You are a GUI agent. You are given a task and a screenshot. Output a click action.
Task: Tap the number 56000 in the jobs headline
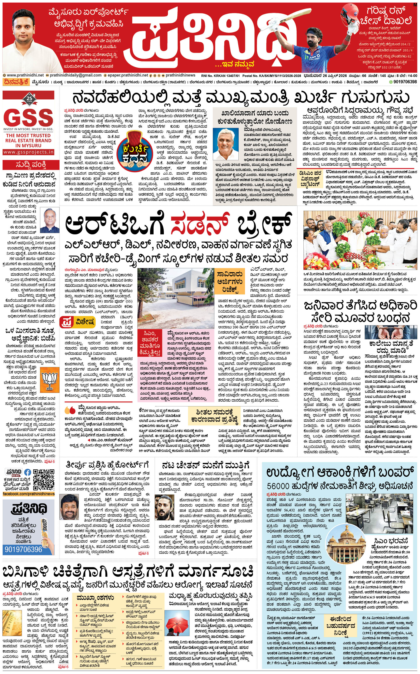[278, 486]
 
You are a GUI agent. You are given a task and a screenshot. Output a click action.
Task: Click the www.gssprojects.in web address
[29, 152]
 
